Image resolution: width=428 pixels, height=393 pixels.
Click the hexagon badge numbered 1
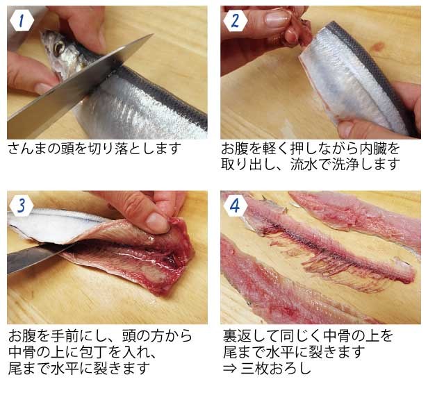tap(22, 21)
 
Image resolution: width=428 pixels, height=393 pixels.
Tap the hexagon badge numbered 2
tap(236, 21)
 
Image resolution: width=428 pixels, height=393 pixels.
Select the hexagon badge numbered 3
tap(22, 206)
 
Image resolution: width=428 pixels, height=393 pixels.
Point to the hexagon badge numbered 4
tap(236, 206)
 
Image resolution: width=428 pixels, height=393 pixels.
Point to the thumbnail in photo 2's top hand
tap(278, 18)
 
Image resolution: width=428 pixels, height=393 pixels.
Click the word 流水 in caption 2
tap(304, 165)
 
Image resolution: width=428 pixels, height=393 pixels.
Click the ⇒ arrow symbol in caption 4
tap(230, 369)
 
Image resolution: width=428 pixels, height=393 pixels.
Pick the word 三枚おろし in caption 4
tap(276, 368)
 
